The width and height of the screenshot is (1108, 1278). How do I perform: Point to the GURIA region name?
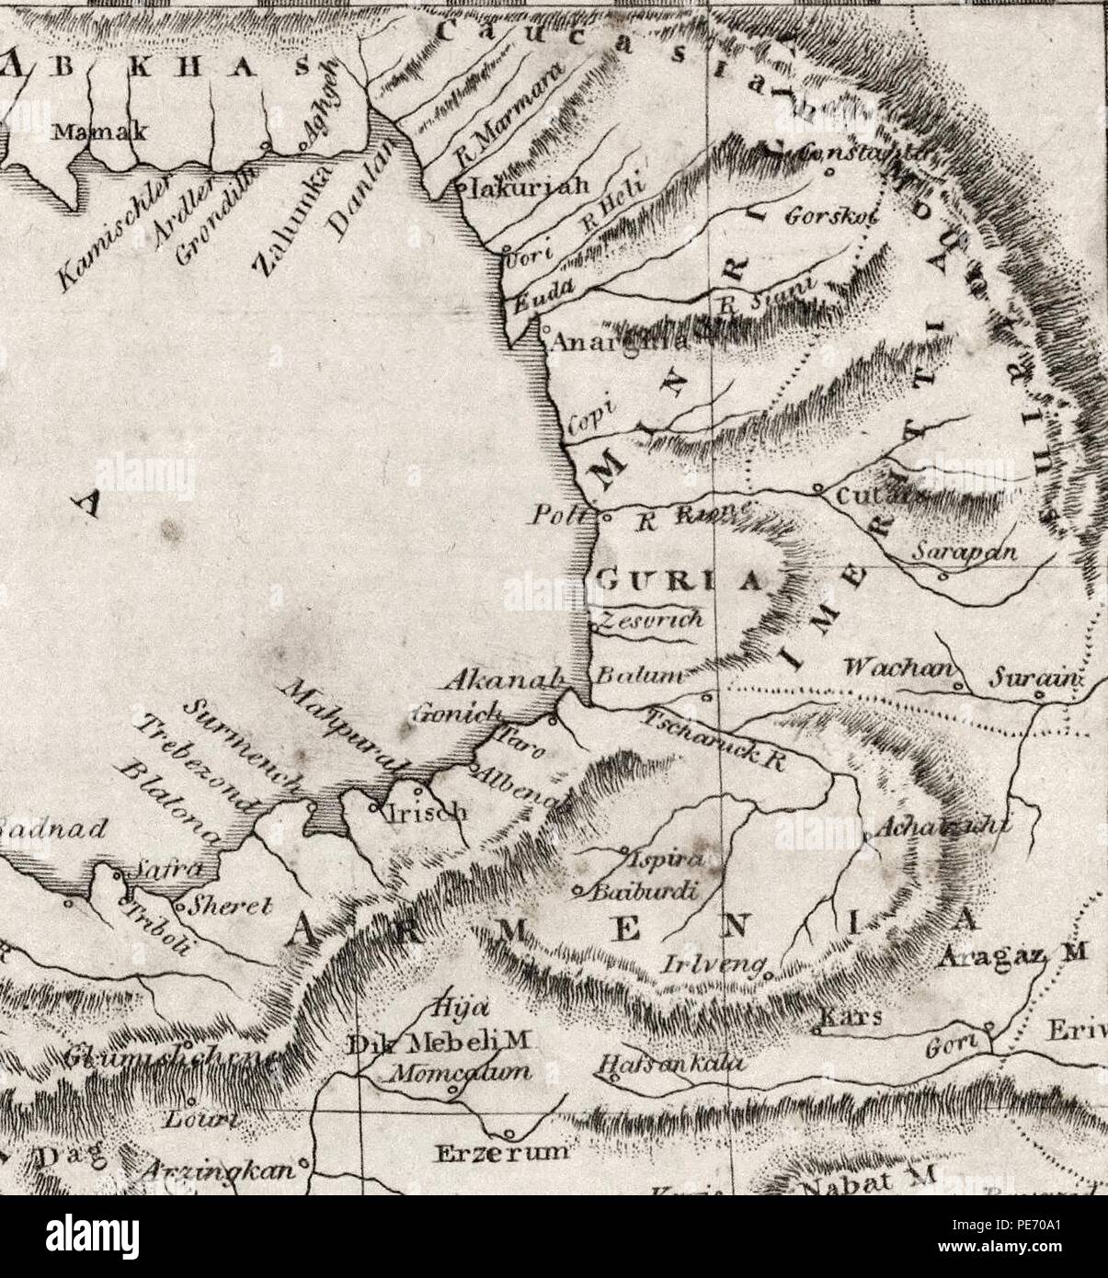pos(680,580)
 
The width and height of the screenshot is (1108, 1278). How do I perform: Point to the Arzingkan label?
pos(220,1171)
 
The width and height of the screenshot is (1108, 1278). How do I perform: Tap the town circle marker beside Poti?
pos(604,517)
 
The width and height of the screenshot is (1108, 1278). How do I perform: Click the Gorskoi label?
pos(832,217)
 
